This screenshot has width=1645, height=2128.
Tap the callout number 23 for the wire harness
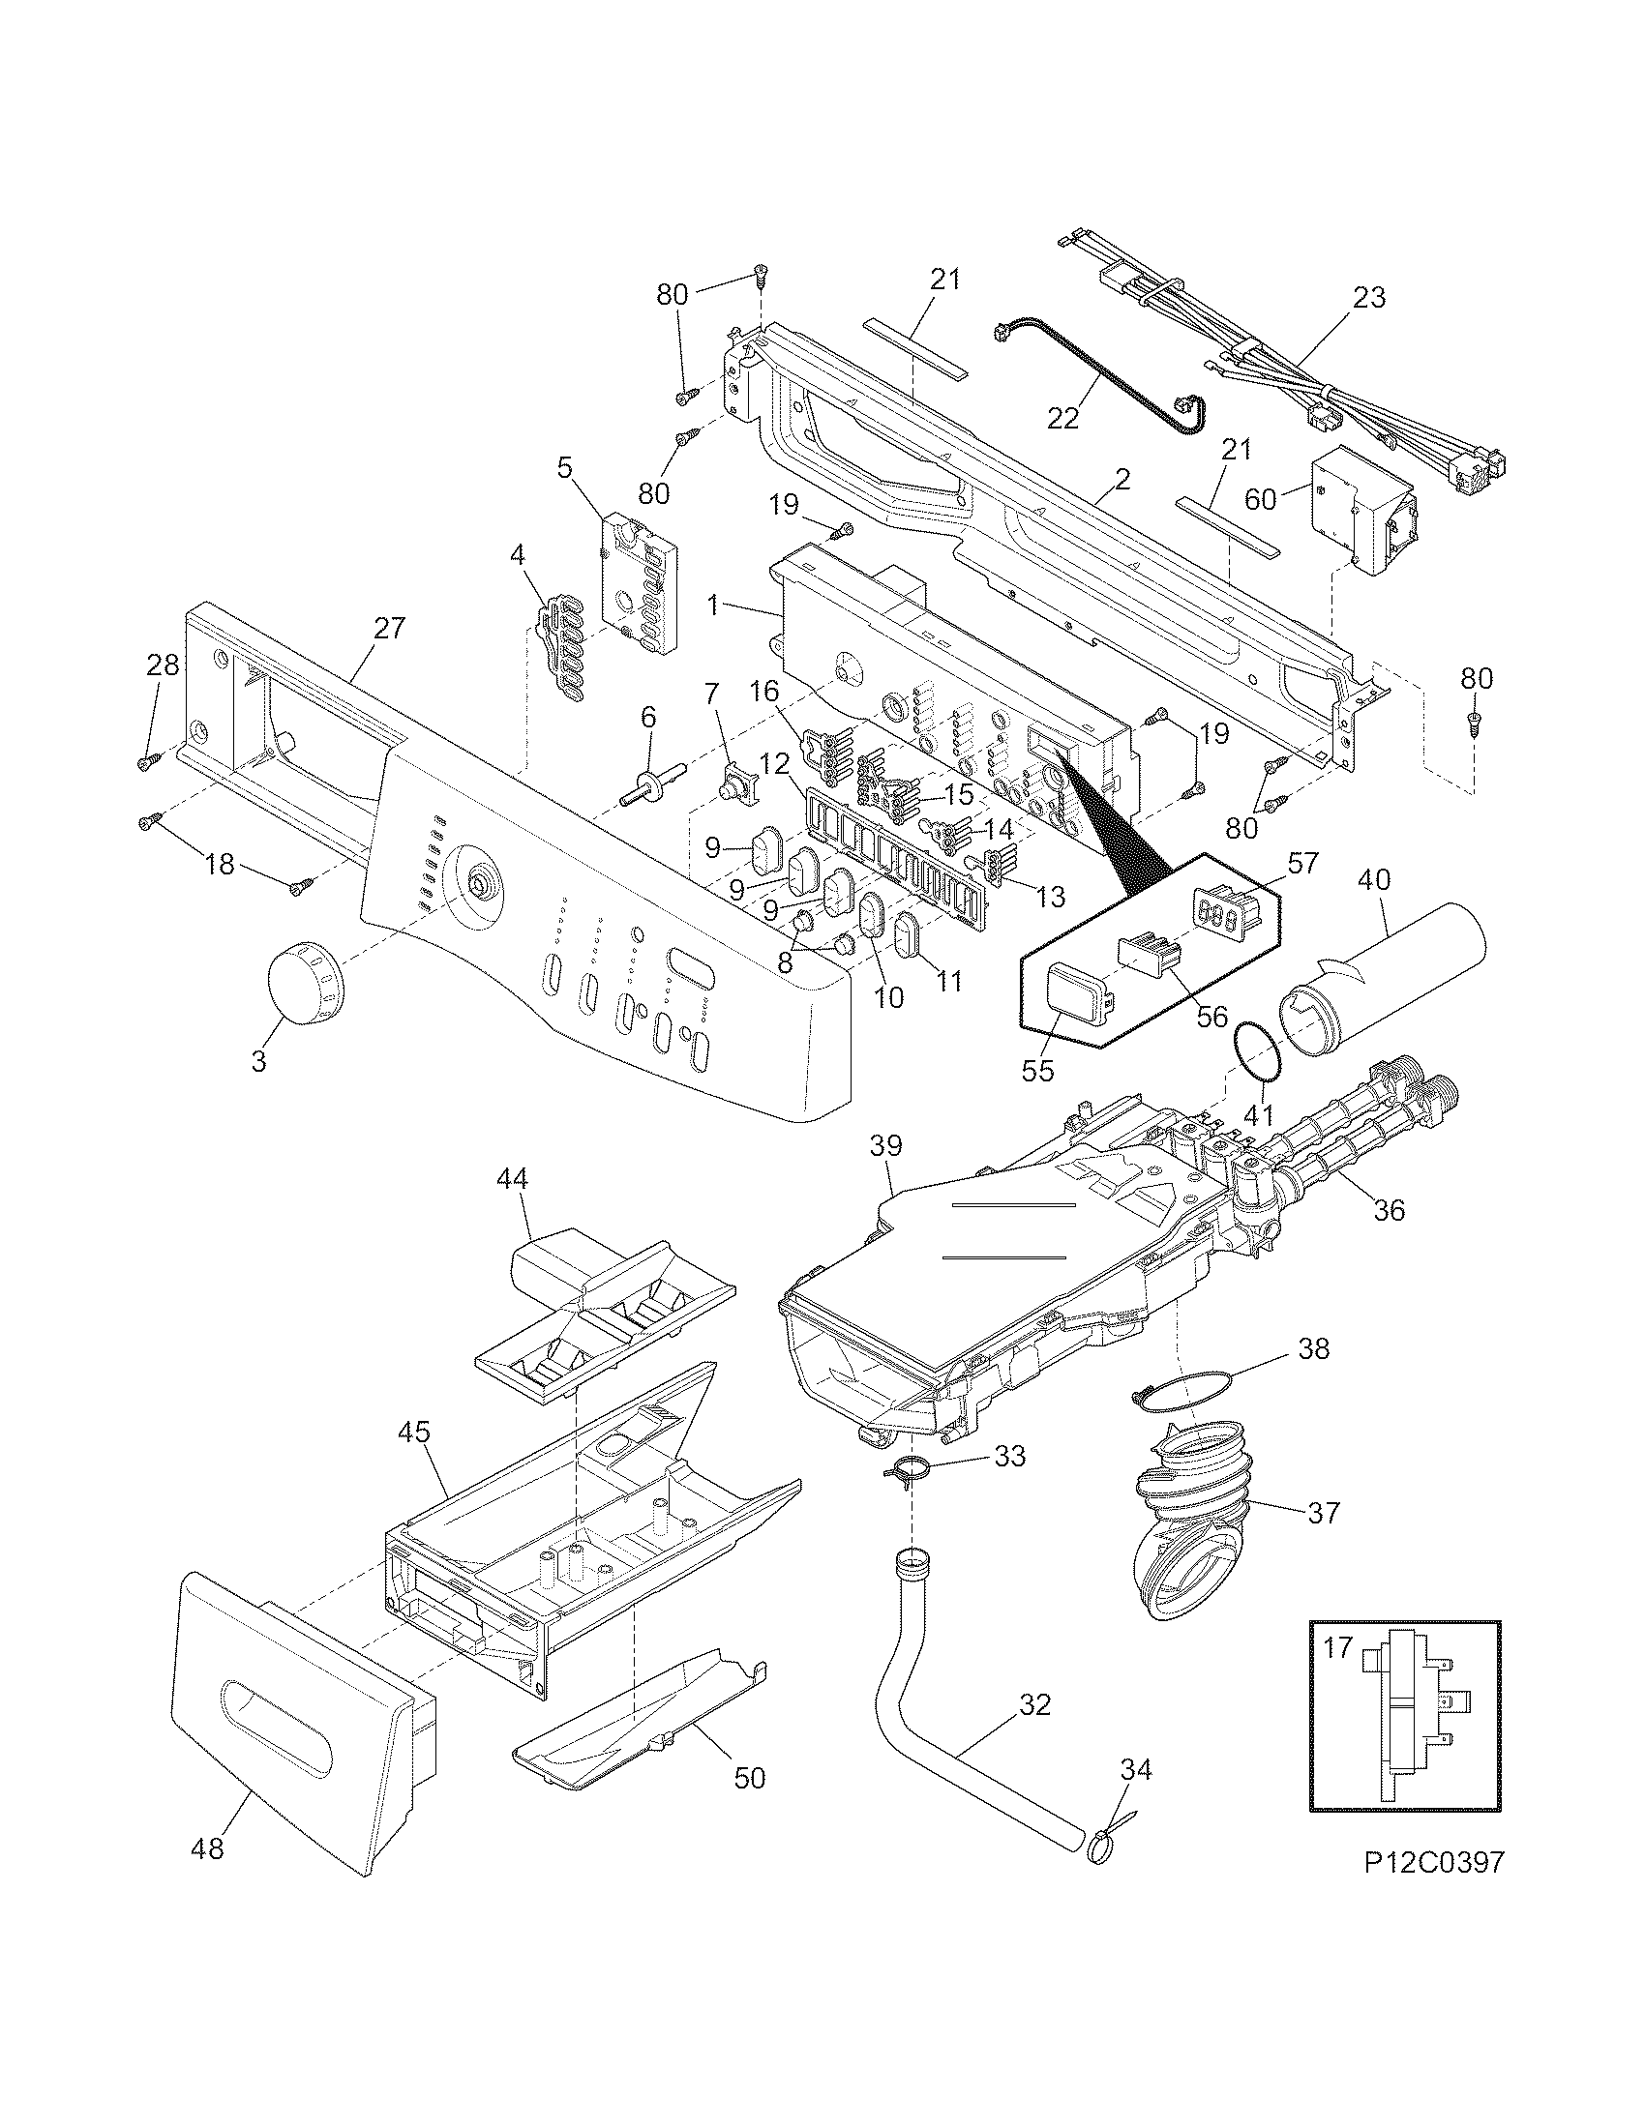(x=1369, y=296)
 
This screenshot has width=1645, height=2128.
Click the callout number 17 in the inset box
(x=1337, y=1647)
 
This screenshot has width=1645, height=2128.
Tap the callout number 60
(x=1260, y=499)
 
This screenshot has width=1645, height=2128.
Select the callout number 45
(x=415, y=1433)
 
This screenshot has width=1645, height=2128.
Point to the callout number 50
(x=749, y=1777)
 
